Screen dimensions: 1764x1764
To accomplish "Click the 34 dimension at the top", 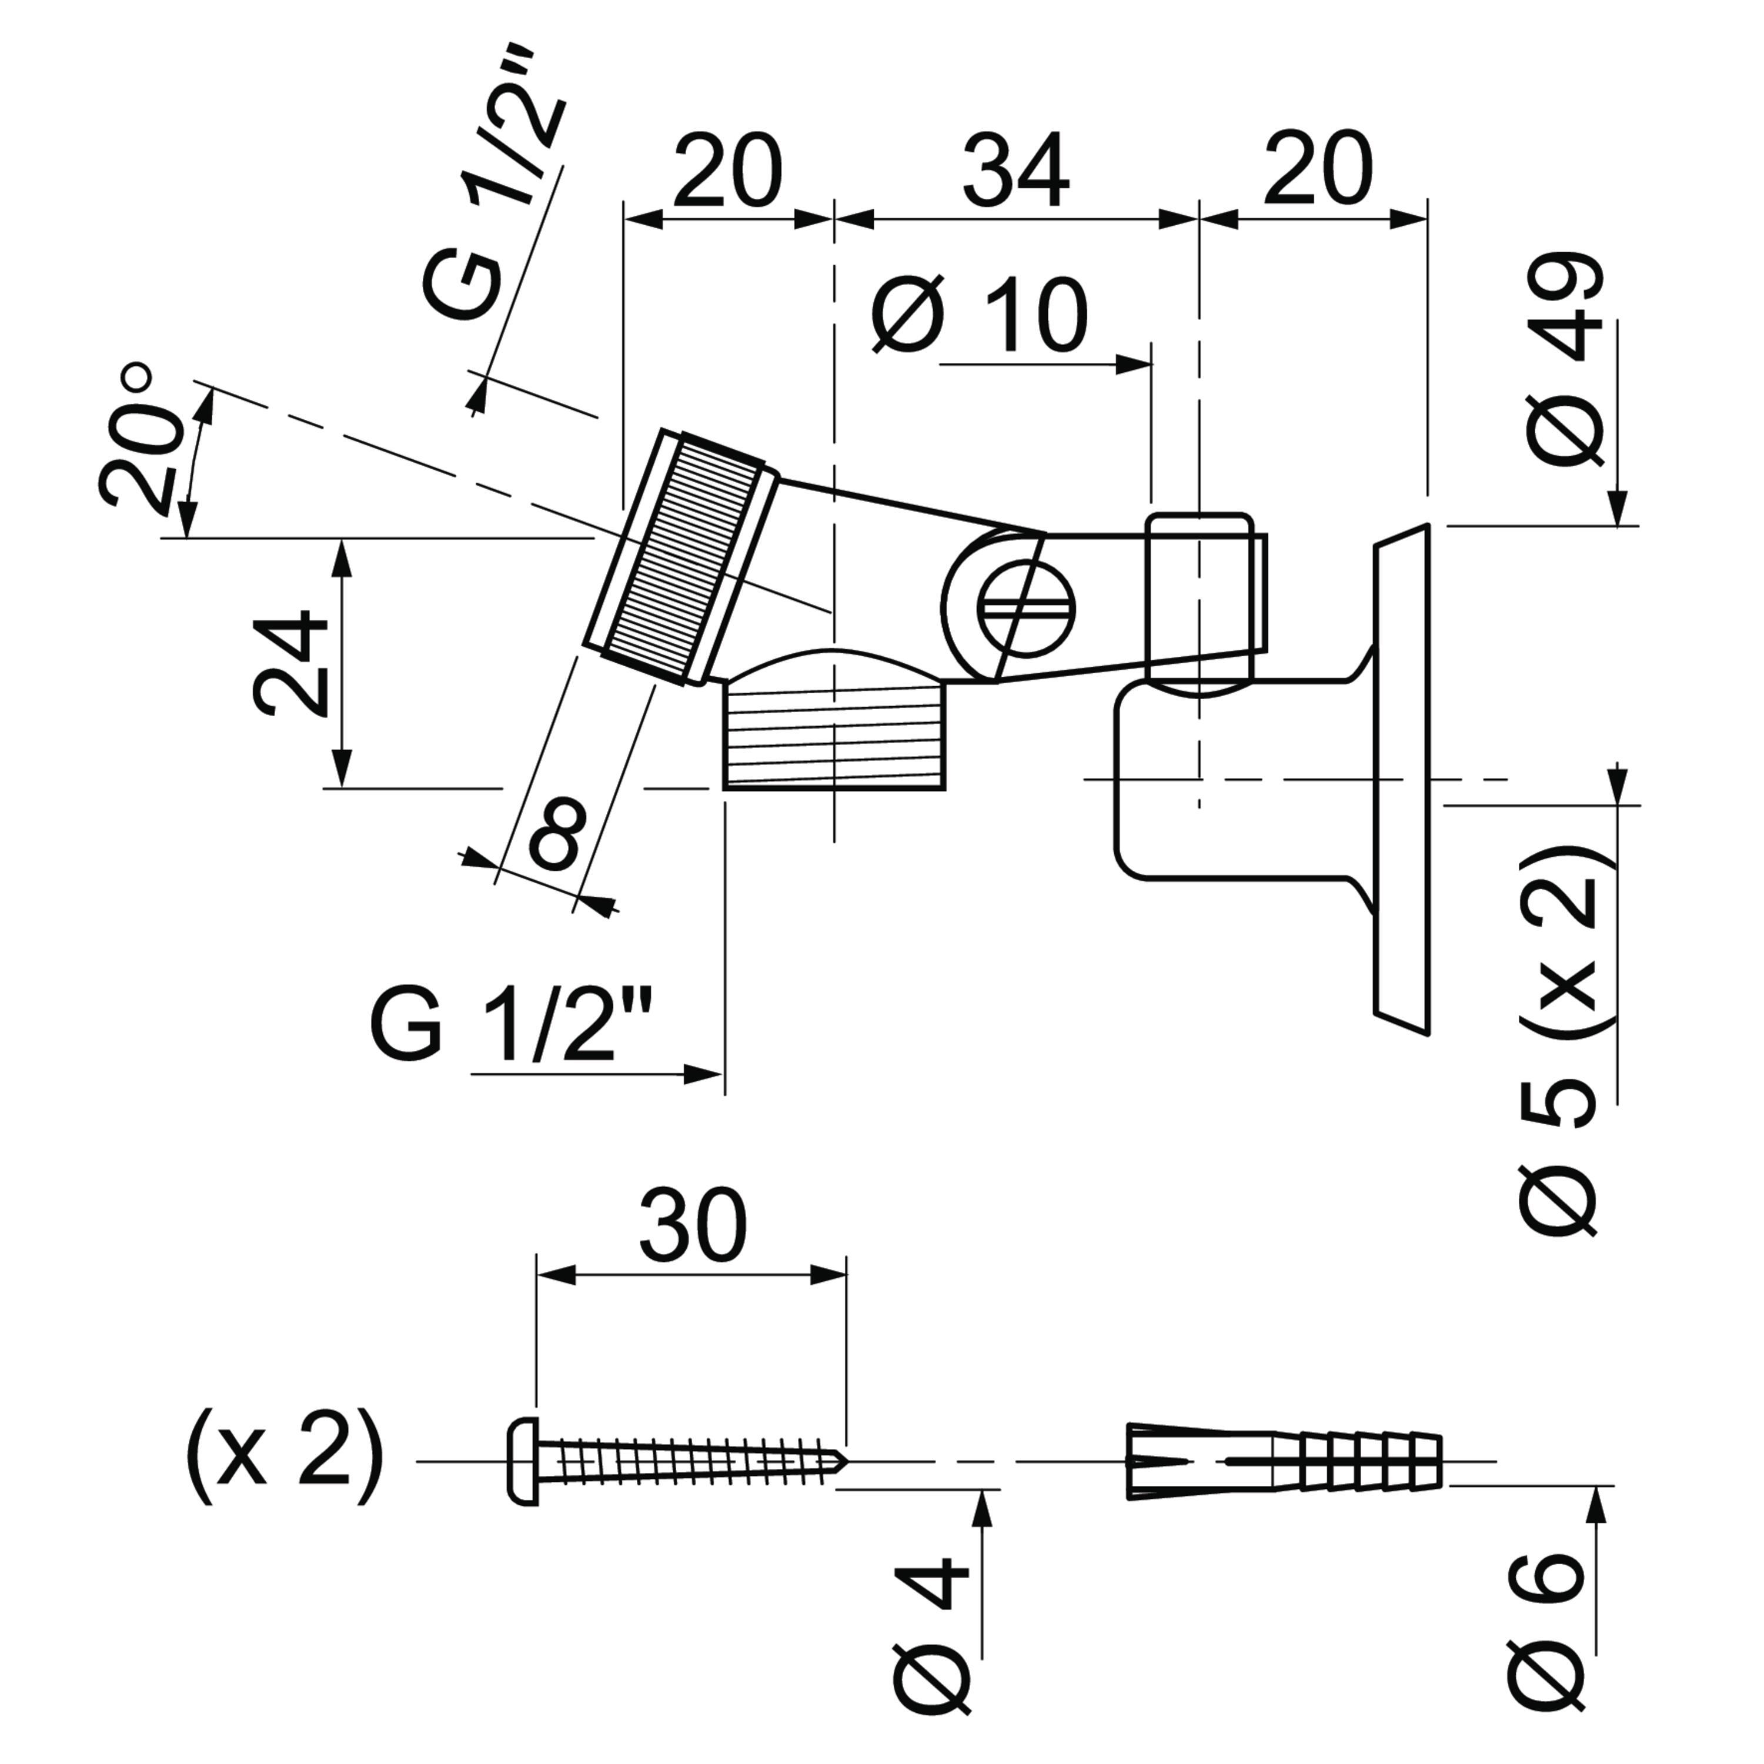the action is pyautogui.click(x=1015, y=171).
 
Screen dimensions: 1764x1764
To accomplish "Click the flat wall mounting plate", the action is pyautogui.click(x=1402, y=781).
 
